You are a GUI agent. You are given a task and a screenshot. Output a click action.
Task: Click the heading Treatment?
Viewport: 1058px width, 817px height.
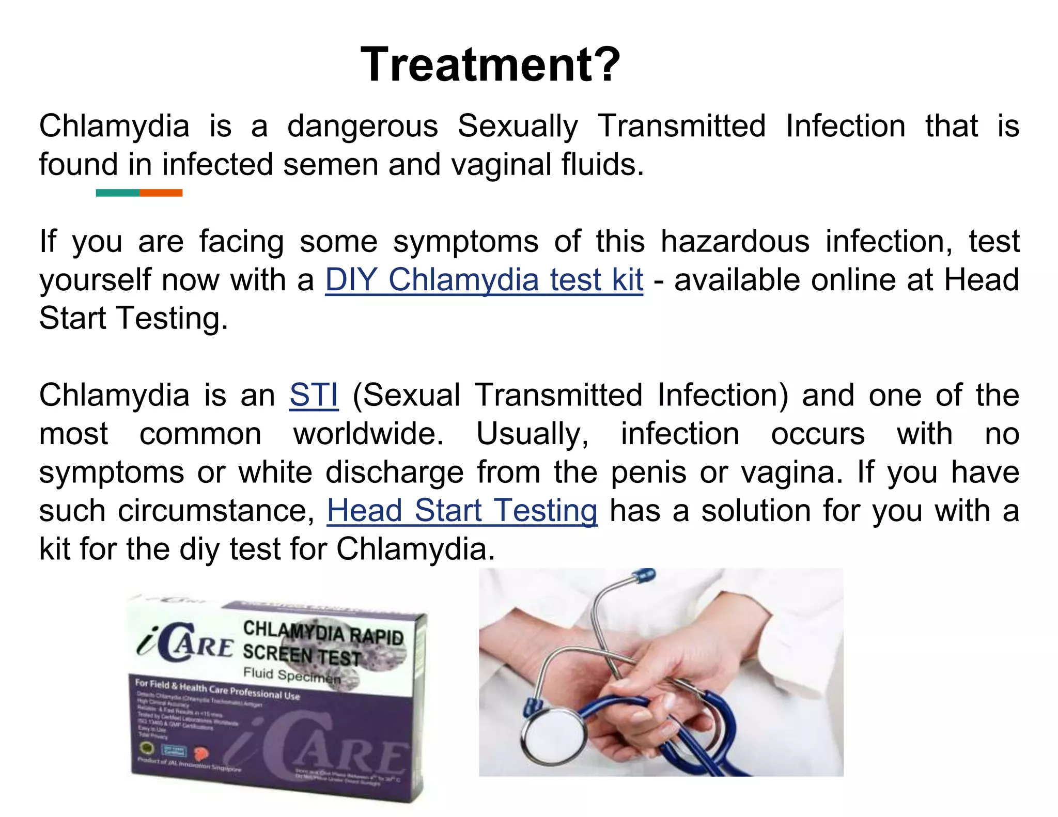click(490, 65)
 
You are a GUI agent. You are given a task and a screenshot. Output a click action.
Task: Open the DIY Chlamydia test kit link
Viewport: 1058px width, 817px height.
click(484, 280)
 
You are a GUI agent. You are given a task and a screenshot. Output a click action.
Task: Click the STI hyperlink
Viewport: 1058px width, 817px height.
click(314, 396)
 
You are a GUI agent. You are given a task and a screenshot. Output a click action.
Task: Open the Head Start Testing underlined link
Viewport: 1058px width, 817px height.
click(462, 511)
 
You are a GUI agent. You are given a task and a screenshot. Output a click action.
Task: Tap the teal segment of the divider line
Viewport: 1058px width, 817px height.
click(118, 193)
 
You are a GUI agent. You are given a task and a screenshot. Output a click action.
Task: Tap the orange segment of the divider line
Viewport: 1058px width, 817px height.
click(161, 193)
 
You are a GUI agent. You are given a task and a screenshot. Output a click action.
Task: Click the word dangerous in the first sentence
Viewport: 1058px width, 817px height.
click(363, 127)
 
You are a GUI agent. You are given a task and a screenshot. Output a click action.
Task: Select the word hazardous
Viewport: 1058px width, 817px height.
click(735, 242)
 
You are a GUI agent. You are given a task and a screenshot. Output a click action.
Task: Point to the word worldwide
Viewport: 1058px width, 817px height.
click(368, 434)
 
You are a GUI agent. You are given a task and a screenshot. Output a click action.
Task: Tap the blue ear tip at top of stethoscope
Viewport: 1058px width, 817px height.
click(646, 575)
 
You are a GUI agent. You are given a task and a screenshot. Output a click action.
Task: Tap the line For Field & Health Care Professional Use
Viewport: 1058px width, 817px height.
click(217, 690)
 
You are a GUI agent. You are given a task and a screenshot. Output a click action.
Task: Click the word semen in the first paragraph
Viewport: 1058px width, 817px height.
click(331, 165)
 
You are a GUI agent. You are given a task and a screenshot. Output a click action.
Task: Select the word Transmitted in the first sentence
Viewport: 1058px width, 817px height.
click(681, 127)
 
